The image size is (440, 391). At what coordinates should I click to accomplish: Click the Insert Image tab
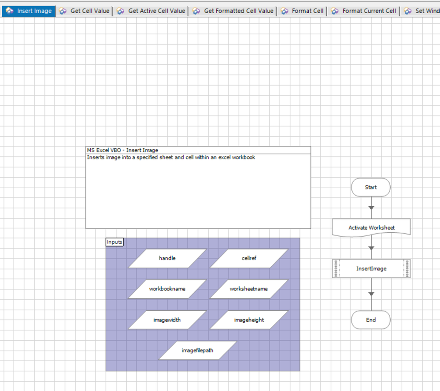click(x=28, y=11)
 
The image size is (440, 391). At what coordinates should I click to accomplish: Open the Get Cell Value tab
click(x=84, y=11)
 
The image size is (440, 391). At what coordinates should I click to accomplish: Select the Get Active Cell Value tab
click(x=151, y=11)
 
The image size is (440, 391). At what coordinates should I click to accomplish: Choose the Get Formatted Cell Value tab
click(x=233, y=11)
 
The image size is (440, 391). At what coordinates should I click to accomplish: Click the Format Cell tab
click(x=302, y=11)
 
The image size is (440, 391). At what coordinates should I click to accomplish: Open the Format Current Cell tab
click(x=363, y=11)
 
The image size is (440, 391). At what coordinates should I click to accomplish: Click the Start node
click(x=371, y=187)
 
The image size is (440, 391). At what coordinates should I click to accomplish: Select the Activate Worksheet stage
click(x=371, y=228)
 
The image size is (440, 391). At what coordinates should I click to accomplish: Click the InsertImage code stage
click(x=371, y=268)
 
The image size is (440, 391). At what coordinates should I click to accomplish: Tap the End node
click(x=371, y=320)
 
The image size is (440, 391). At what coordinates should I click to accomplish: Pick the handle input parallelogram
click(x=167, y=258)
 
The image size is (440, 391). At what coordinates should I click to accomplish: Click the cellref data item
click(x=249, y=258)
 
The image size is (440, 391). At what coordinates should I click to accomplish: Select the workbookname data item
click(x=167, y=289)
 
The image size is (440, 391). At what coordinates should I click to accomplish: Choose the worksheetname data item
click(x=249, y=289)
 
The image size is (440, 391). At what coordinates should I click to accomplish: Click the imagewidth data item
click(x=167, y=320)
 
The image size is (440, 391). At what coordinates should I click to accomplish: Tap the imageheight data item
click(x=249, y=320)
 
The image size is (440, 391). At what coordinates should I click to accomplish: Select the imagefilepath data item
click(x=198, y=350)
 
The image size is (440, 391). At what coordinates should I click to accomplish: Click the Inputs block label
click(x=115, y=242)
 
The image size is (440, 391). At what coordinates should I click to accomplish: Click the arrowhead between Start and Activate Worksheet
click(x=371, y=208)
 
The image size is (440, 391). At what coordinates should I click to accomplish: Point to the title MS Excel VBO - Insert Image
click(x=122, y=150)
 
